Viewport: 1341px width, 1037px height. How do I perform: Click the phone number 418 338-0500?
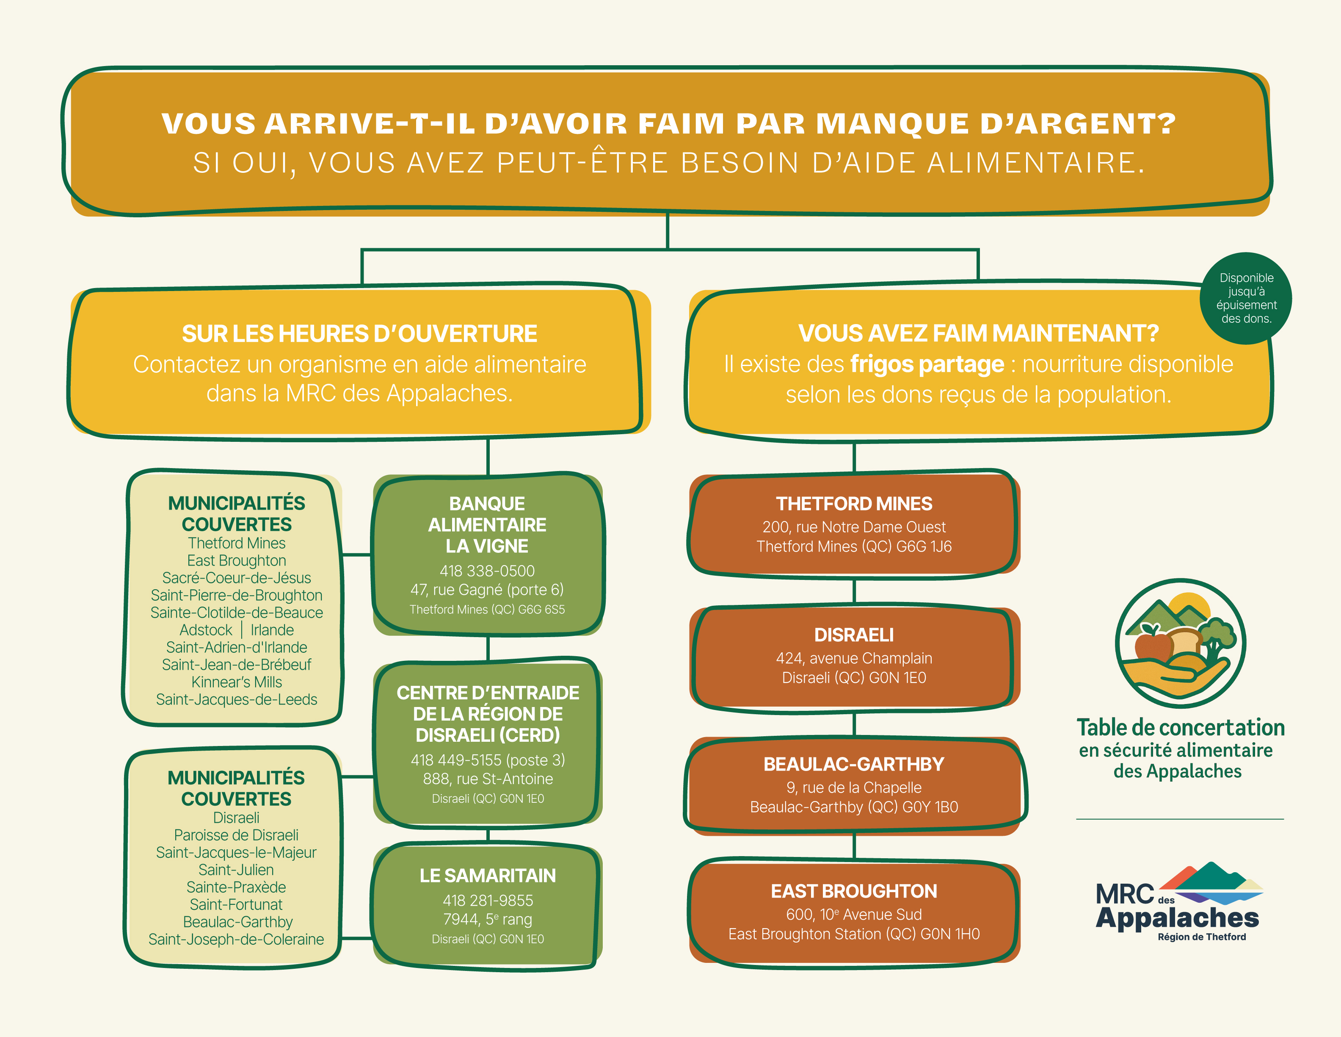pos(487,571)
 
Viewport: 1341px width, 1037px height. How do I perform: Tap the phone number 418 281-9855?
pos(488,901)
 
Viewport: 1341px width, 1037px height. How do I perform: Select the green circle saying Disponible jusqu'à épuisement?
pos(1246,299)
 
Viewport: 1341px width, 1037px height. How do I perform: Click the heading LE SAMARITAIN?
pos(488,876)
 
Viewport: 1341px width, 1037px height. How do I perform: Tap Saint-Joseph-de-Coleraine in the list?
pos(236,939)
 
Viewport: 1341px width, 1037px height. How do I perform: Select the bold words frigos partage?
pos(927,364)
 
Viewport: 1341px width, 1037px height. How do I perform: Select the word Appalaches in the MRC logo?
pos(1177,918)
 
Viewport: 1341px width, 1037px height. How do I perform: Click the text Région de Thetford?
pos(1202,937)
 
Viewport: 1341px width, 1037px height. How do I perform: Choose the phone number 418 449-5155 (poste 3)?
pos(488,760)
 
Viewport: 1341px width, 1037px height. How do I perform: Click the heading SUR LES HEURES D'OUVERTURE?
pos(359,333)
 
